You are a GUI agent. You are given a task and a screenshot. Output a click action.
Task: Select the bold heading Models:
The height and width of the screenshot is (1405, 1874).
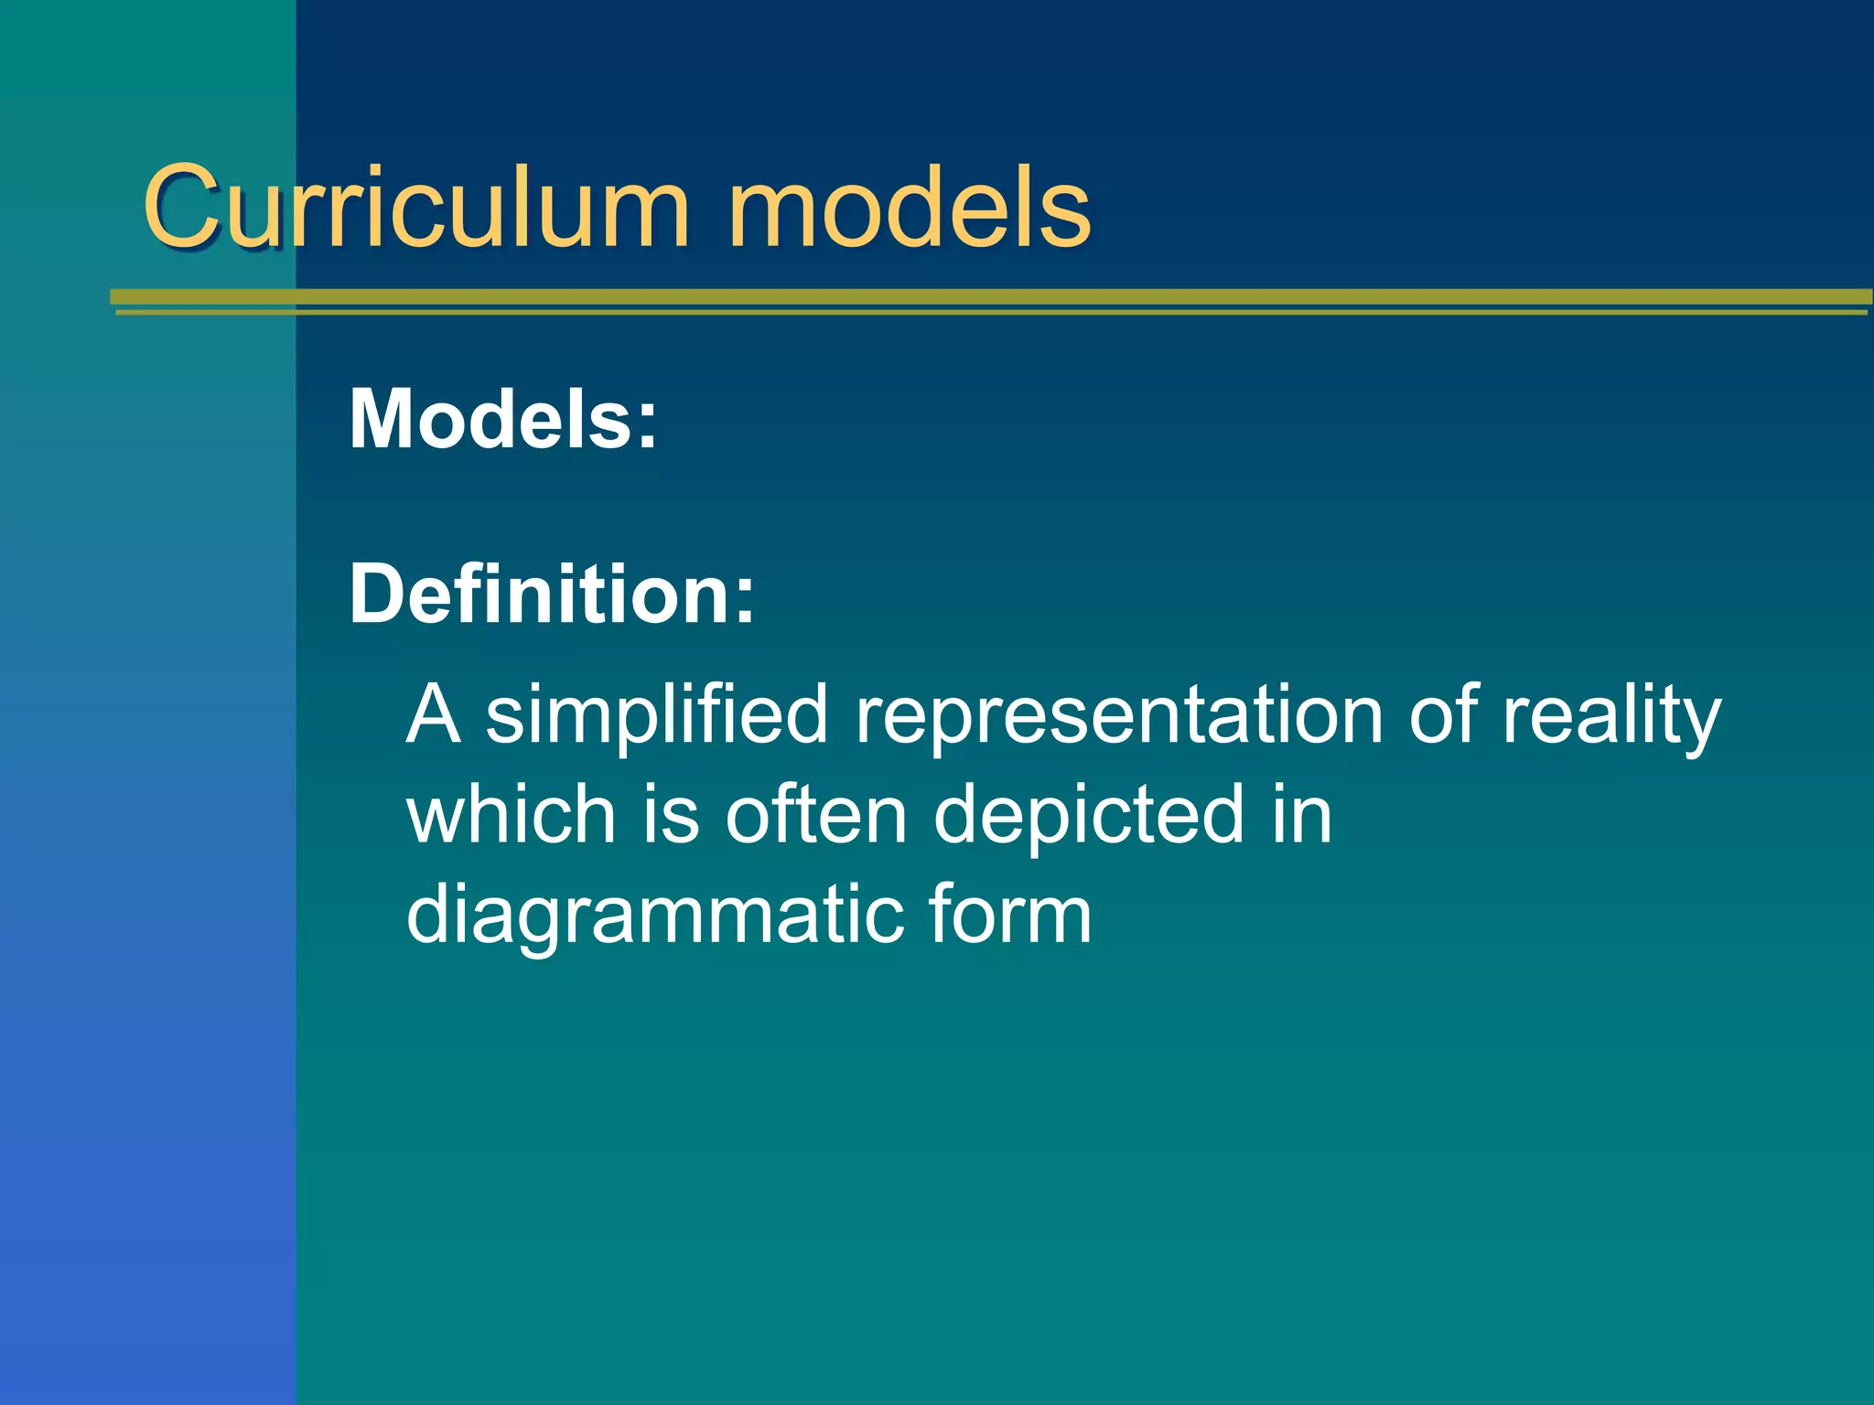503,419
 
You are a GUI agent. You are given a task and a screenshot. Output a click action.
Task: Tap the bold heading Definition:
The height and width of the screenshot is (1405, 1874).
552,594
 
